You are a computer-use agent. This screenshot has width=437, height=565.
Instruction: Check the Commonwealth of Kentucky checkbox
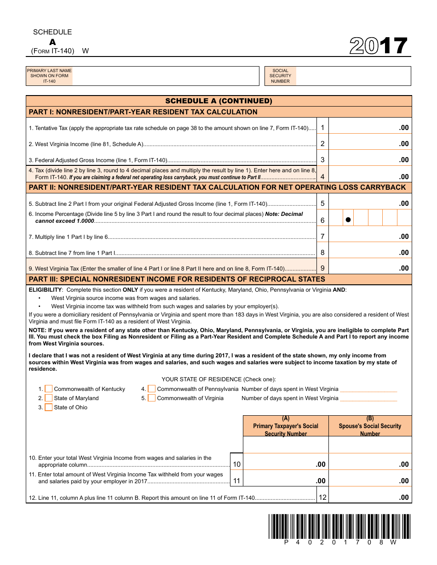[x=49, y=389]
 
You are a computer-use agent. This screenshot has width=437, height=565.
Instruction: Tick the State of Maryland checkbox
[x=49, y=398]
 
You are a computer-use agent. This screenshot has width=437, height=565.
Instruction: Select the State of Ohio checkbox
[x=49, y=407]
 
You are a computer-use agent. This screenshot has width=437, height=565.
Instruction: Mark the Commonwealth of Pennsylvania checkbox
[x=152, y=389]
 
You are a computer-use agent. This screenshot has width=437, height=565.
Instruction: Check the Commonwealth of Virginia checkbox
[x=152, y=398]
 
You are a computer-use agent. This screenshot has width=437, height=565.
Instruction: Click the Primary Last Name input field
[x=166, y=76]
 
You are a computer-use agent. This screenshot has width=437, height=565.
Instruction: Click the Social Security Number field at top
[x=353, y=76]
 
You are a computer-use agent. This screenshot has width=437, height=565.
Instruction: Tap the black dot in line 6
[x=348, y=220]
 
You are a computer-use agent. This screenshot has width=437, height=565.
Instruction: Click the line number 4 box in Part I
[x=322, y=176]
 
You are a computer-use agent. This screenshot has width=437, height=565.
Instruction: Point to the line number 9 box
[x=322, y=268]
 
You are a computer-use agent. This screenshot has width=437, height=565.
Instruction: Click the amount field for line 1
[x=370, y=128]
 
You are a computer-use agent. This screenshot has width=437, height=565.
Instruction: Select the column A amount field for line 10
[x=285, y=464]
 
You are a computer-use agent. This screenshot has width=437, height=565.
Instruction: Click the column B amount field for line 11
[x=370, y=480]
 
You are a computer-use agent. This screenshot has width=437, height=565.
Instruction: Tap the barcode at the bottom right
[x=339, y=527]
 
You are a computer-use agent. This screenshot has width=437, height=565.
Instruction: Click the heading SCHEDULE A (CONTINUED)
[x=218, y=101]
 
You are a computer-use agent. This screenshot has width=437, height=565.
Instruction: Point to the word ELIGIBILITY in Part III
[x=45, y=290]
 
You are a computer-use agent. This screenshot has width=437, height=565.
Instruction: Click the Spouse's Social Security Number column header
[x=370, y=426]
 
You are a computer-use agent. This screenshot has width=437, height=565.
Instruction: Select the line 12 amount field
[x=370, y=497]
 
